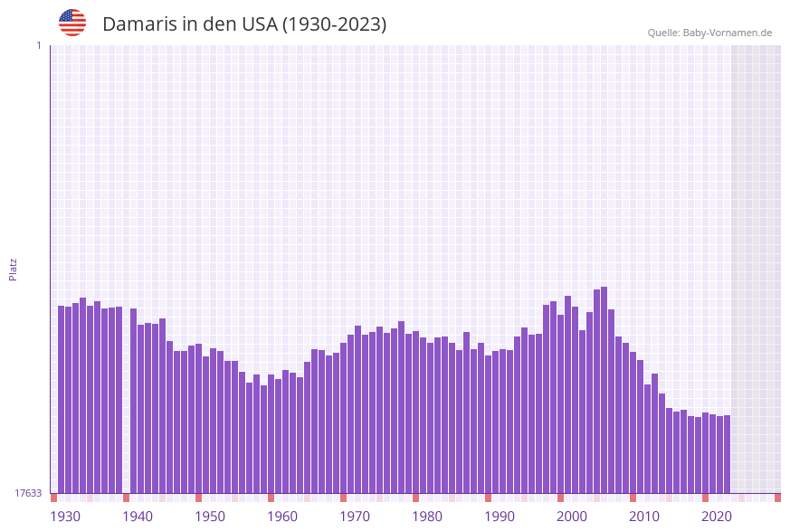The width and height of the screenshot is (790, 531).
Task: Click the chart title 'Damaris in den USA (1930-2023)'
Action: [x=244, y=24]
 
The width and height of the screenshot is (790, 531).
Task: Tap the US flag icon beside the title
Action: [x=72, y=23]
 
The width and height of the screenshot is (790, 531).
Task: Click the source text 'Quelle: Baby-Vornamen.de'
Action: [x=709, y=33]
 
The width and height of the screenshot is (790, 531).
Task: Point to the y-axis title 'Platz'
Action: [x=14, y=269]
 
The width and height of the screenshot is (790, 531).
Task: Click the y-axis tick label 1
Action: [x=38, y=45]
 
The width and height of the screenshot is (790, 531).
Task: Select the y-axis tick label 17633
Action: [x=28, y=493]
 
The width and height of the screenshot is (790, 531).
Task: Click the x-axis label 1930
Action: [x=64, y=517]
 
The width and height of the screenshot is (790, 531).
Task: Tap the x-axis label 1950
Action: [x=210, y=517]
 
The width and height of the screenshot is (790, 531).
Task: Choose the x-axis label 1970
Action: [x=355, y=517]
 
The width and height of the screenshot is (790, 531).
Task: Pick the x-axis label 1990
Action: [x=500, y=517]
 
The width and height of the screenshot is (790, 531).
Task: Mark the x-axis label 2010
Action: [x=644, y=517]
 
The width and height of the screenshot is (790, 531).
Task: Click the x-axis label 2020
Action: [x=717, y=517]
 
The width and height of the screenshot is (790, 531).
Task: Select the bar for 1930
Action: [x=62, y=399]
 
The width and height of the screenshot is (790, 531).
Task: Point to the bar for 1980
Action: [x=424, y=415]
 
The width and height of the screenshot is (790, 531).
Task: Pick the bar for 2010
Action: [x=641, y=426]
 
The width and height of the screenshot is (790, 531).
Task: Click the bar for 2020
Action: [x=713, y=453]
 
